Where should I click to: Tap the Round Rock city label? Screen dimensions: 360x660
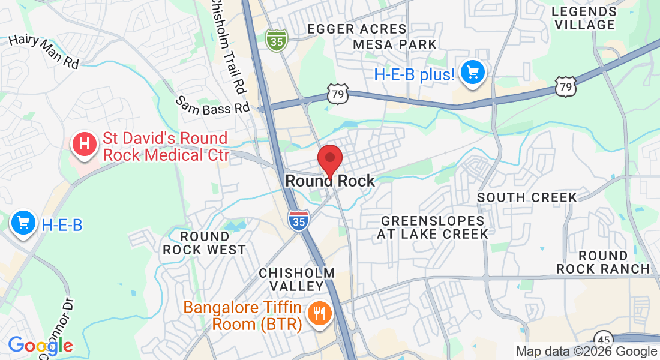[x=330, y=181]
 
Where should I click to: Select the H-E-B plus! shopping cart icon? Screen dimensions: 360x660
[x=473, y=73]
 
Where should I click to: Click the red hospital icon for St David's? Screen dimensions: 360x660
[x=85, y=145]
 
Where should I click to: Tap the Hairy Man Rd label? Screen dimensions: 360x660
[x=44, y=51]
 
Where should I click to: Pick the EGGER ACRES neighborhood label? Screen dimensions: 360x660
[x=356, y=29]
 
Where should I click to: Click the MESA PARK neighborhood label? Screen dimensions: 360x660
[x=395, y=44]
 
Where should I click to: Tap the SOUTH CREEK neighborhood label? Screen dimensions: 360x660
[x=527, y=197]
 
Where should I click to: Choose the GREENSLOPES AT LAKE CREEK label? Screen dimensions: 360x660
[x=433, y=227]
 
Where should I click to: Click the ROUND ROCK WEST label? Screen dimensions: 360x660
[x=205, y=243]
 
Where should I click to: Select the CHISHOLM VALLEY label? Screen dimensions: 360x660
[x=297, y=280]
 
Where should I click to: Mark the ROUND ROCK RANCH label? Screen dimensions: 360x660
[x=603, y=262]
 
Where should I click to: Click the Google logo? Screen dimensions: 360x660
[x=40, y=346]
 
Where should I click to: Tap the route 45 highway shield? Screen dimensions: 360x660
[x=603, y=337]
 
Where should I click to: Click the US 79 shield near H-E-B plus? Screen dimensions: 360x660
[x=565, y=87]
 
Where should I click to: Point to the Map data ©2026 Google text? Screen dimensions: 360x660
[x=586, y=352]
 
